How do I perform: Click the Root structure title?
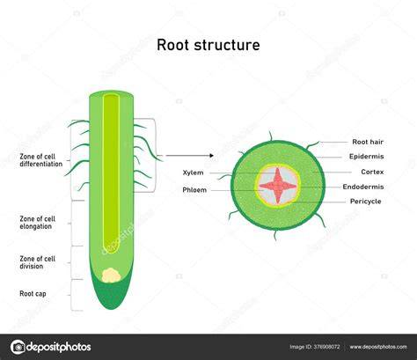click(x=208, y=45)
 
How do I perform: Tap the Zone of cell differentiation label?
click(x=41, y=160)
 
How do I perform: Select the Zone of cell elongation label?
click(x=37, y=223)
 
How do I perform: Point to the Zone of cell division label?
click(x=37, y=262)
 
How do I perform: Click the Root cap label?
click(x=33, y=294)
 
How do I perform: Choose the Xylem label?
click(x=193, y=173)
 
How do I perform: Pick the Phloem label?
click(x=194, y=190)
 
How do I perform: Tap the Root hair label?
click(x=368, y=142)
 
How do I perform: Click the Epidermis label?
click(x=366, y=157)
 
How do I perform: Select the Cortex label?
click(x=372, y=172)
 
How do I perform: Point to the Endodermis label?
click(x=363, y=187)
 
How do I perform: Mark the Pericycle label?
click(x=366, y=202)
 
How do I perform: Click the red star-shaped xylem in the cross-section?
click(x=278, y=186)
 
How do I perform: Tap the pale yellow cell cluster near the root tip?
click(x=111, y=276)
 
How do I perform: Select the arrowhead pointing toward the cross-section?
click(x=212, y=156)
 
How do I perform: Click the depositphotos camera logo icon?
click(x=18, y=347)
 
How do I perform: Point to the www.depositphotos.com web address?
click(x=378, y=347)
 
